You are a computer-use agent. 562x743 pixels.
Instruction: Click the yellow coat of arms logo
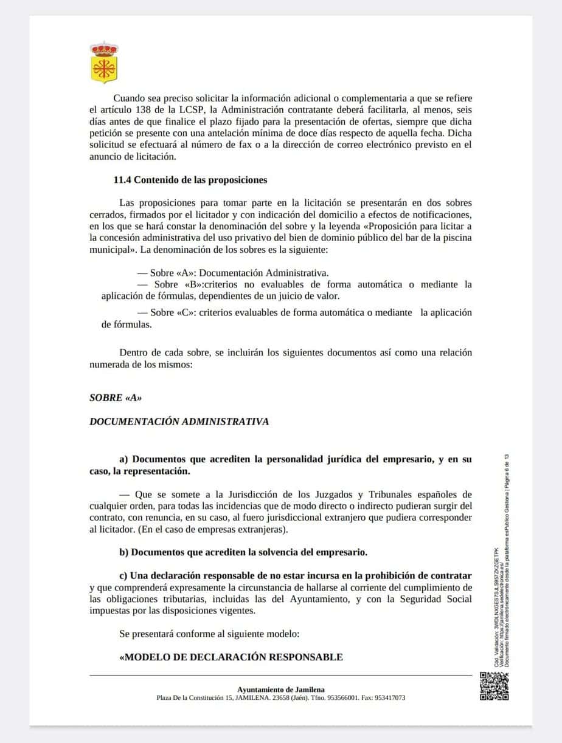104,63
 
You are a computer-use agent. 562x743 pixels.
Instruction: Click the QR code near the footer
494,686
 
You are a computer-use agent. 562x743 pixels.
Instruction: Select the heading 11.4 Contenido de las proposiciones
190,180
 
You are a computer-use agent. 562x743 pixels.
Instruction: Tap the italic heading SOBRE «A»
116,398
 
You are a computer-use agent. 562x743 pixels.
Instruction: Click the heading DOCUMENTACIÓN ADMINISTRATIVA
179,421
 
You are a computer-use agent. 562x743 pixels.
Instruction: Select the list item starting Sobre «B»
286,290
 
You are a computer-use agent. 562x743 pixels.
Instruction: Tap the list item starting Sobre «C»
286,318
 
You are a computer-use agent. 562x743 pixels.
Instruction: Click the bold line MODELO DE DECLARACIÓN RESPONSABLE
231,657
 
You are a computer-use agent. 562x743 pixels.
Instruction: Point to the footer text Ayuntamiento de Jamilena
280,690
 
